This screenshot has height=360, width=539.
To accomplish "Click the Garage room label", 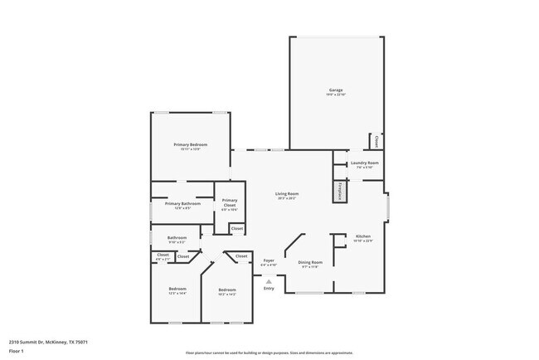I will pyautogui.click(x=336, y=90).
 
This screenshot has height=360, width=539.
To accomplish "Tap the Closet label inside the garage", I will pyautogui.click(x=378, y=142).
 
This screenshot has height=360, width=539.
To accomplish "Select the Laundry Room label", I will pyautogui.click(x=364, y=163).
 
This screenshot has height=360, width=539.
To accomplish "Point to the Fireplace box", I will pyautogui.click(x=340, y=191).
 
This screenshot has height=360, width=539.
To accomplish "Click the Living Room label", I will pyautogui.click(x=286, y=194).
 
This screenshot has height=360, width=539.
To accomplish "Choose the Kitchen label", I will pyautogui.click(x=363, y=236).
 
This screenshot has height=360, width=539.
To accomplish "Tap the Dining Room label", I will pyautogui.click(x=310, y=262).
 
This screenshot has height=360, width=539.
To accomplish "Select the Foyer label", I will pyautogui.click(x=269, y=260).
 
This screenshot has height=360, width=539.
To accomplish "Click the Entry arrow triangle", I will pyautogui.click(x=268, y=281).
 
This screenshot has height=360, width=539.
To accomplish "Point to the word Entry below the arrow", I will pyautogui.click(x=268, y=289).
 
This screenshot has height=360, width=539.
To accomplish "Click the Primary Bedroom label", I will pyautogui.click(x=190, y=144).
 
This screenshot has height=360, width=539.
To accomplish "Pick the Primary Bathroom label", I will pyautogui.click(x=182, y=203).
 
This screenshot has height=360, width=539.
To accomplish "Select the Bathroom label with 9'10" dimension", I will pyautogui.click(x=177, y=237).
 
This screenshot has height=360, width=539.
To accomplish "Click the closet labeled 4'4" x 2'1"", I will pyautogui.click(x=163, y=260).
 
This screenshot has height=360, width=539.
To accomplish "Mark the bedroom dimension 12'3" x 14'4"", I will pyautogui.click(x=177, y=294).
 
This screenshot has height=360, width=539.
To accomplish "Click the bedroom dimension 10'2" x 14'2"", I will pyautogui.click(x=227, y=294).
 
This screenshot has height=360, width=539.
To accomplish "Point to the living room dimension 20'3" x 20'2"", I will pyautogui.click(x=286, y=198).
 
